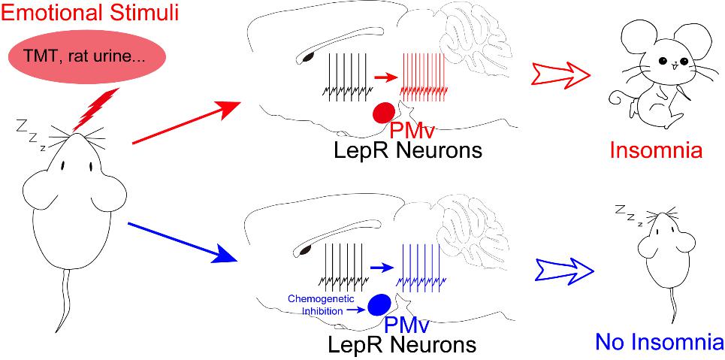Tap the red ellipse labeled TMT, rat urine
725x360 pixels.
click(x=87, y=56)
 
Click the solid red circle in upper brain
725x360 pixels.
click(x=385, y=112)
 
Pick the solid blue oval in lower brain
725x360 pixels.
click(x=380, y=304)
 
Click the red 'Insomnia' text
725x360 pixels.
click(x=655, y=150)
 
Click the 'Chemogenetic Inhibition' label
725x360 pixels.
click(x=315, y=304)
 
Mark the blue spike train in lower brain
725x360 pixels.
click(x=425, y=267)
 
